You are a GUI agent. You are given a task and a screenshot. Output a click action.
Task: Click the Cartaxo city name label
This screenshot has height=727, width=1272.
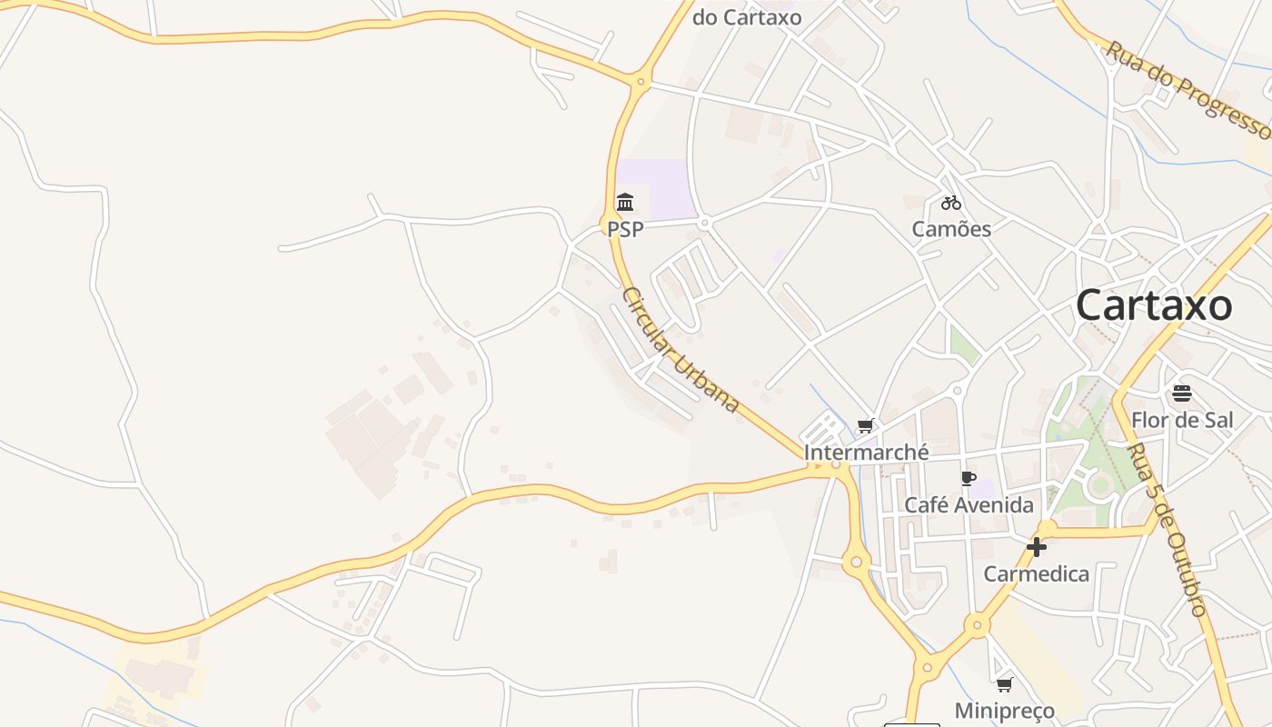(1154, 305)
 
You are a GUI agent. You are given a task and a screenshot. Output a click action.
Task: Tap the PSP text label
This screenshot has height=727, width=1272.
(625, 229)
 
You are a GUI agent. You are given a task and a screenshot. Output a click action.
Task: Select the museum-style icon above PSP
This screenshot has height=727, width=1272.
(625, 202)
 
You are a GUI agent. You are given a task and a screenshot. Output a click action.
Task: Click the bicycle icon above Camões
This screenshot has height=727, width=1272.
(951, 203)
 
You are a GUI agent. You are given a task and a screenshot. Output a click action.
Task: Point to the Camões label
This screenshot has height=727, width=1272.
(951, 229)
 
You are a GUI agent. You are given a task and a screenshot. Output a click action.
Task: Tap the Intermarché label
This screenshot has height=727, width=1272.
(866, 452)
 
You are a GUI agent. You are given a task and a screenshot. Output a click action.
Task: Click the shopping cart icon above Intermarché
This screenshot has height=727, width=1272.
(866, 425)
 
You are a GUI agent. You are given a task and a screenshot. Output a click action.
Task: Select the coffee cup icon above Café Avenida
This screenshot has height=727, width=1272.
(969, 479)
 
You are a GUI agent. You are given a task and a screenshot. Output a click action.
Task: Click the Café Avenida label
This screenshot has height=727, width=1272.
(969, 505)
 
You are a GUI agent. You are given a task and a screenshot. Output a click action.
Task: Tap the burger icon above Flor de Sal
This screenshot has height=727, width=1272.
(1181, 393)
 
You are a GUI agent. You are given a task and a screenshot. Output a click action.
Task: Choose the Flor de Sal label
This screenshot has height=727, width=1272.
(1182, 420)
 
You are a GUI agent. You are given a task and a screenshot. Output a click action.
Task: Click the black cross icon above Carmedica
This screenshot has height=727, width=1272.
(1036, 547)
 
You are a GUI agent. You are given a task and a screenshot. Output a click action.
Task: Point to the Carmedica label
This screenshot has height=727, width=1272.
(1036, 574)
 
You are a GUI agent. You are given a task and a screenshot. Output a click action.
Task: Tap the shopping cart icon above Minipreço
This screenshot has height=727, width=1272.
(1004, 684)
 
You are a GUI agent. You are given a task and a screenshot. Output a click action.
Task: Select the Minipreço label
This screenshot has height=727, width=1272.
(1004, 711)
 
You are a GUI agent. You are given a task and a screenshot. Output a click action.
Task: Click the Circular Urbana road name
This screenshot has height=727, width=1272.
(681, 350)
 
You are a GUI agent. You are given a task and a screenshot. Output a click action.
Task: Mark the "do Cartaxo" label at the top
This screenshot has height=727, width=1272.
(747, 17)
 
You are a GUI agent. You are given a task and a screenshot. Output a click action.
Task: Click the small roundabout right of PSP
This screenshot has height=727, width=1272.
(704, 223)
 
